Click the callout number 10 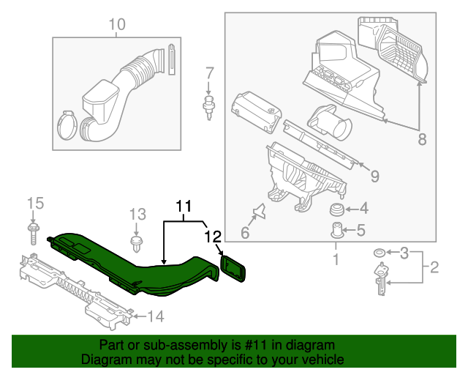pyautogui.click(x=117, y=26)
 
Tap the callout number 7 pyautogui.click(x=210, y=73)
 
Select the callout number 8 pyautogui.click(x=421, y=139)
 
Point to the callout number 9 pyautogui.click(x=374, y=176)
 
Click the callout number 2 pyautogui.click(x=434, y=267)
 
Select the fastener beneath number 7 pyautogui.click(x=210, y=105)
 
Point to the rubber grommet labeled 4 pyautogui.click(x=338, y=209)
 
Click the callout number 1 pyautogui.click(x=336, y=259)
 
